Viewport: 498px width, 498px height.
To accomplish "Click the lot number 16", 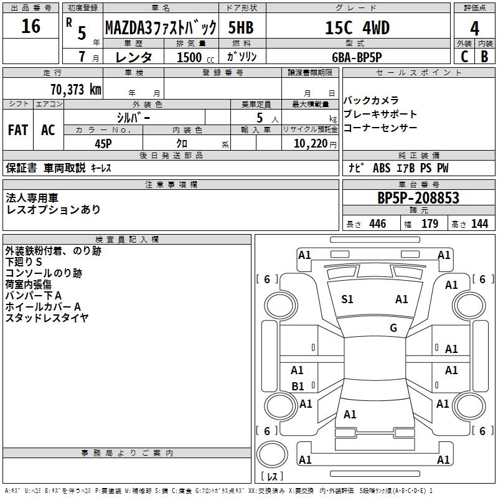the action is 31,27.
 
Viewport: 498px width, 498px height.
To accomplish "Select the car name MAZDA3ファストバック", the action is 161,28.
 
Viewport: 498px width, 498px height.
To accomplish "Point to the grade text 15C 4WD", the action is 357,28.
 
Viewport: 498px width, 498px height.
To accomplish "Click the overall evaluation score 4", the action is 475,28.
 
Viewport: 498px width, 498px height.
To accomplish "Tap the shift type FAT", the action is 18,130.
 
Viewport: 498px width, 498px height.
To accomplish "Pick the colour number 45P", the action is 103,143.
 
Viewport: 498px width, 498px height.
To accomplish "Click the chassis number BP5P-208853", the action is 418,198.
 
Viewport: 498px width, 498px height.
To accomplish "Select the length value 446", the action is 377,223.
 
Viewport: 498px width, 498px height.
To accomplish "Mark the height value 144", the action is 479,223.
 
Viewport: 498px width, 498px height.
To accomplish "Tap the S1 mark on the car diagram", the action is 347,299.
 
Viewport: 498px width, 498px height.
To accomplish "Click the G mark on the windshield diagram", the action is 393,328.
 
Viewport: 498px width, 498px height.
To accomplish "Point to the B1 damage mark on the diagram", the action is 298,387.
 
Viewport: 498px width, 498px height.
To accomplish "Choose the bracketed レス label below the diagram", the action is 272,477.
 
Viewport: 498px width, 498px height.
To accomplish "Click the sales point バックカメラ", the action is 371,101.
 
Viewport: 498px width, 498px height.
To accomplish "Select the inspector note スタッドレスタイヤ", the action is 47,317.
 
